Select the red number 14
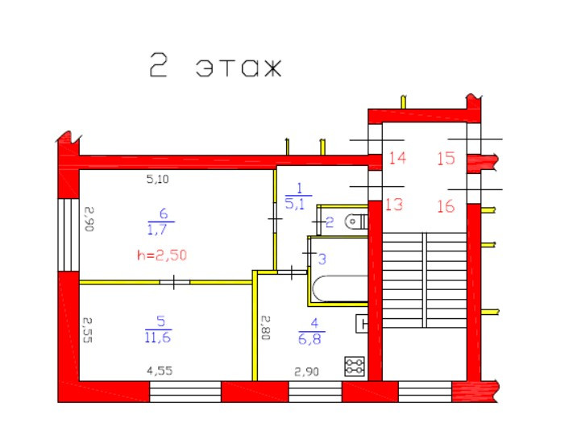point(397,158)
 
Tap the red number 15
point(446,158)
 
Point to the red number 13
point(393,205)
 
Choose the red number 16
point(446,206)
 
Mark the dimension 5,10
point(157,180)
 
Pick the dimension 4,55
point(158,371)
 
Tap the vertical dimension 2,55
point(90,329)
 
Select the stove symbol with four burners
point(355,367)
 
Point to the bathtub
point(338,289)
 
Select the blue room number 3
point(322,259)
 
